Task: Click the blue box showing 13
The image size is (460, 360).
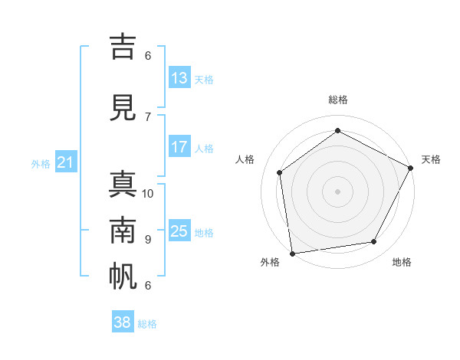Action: [179, 78]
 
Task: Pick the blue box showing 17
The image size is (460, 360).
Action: [179, 147]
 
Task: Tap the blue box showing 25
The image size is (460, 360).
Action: [179, 231]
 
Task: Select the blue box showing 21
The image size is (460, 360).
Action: [65, 162]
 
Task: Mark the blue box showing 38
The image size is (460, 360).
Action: [123, 322]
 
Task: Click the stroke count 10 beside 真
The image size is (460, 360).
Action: [148, 193]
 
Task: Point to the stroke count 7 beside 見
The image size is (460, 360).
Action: [148, 116]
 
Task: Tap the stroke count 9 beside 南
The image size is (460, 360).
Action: [148, 239]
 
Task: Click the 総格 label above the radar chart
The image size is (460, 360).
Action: [338, 100]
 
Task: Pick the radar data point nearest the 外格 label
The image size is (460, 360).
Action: [292, 253]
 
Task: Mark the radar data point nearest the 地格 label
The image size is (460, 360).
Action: [374, 241]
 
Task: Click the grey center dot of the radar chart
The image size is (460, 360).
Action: [337, 191]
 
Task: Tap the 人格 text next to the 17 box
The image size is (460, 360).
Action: [204, 148]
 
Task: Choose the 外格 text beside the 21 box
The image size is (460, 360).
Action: [41, 163]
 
